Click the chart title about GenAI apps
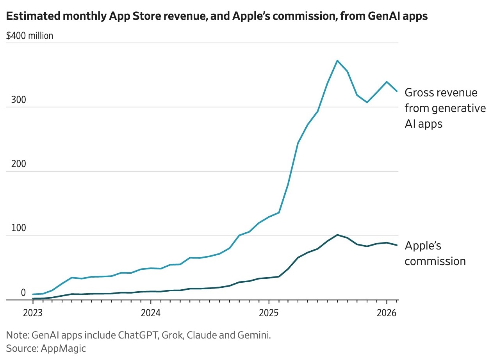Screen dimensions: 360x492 [x=217, y=16]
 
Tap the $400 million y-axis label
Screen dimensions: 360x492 [x=30, y=36]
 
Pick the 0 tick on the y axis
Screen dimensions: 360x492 [x=23, y=293]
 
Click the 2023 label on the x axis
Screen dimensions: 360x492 [x=33, y=313]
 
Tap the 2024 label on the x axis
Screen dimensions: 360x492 [x=151, y=313]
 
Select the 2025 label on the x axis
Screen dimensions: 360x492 [x=269, y=313]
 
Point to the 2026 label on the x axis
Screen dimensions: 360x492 [x=387, y=313]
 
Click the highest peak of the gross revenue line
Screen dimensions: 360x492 [x=337, y=61]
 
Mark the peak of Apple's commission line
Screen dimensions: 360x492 [x=337, y=235]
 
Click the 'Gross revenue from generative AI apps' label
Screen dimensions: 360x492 [x=445, y=108]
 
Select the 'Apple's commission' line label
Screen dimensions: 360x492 [x=435, y=253]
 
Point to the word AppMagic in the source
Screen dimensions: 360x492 [x=63, y=348]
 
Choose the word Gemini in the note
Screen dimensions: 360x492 [x=255, y=335]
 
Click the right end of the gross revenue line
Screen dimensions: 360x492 [x=397, y=91]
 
